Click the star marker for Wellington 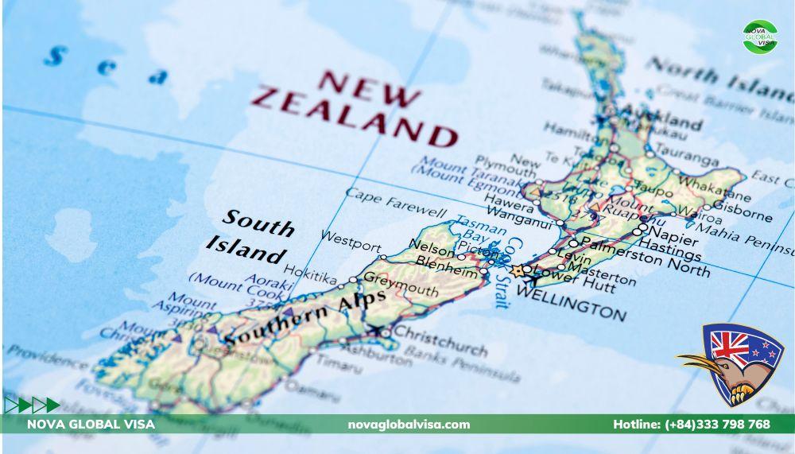point(518,272)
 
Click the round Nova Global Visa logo point(760,37)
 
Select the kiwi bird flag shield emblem point(738,363)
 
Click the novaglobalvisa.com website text point(409,425)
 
